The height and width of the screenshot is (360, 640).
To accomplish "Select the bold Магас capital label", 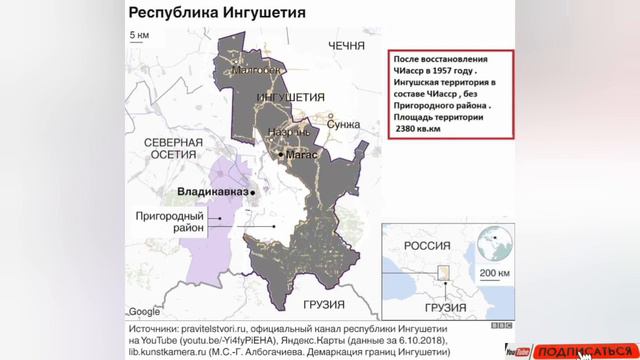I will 301,156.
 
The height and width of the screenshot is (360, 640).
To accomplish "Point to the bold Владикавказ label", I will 213,190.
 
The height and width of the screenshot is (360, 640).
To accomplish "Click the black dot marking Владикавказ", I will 255,190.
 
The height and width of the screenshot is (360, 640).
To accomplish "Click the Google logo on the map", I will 145,310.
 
